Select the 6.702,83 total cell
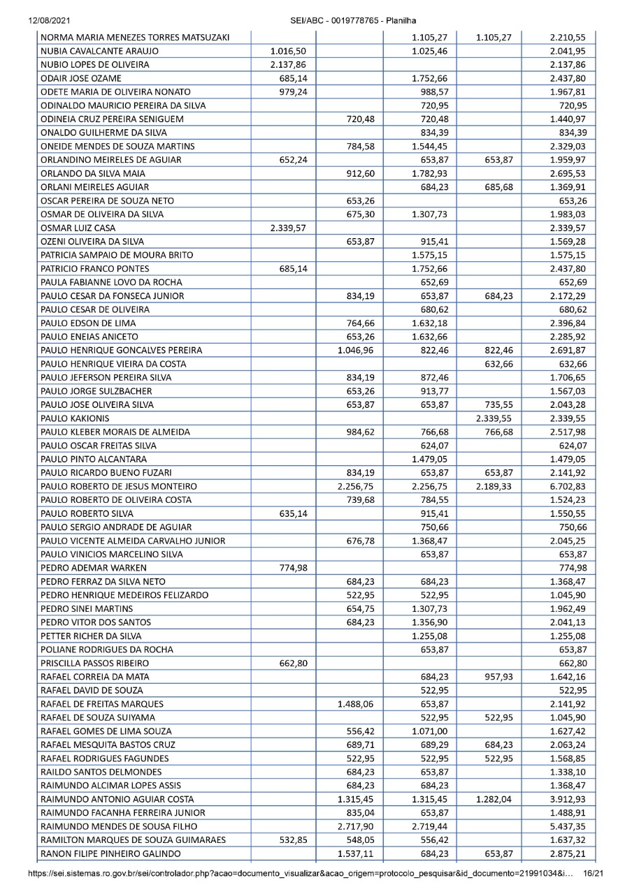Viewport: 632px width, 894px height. [567, 485]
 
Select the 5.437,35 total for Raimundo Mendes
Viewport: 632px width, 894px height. [567, 826]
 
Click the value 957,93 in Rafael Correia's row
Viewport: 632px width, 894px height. [497, 676]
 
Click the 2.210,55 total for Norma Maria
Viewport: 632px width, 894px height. [567, 37]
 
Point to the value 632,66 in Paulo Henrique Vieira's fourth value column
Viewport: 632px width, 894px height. [497, 363]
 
